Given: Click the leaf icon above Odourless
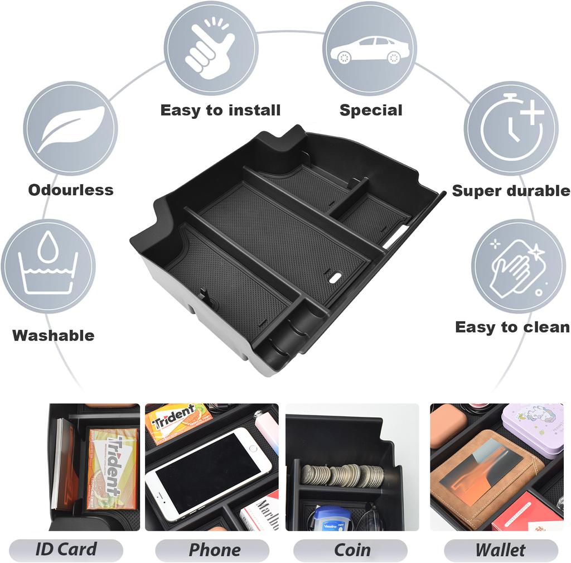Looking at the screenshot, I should click(x=70, y=128).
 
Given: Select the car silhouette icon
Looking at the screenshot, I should click(x=369, y=49).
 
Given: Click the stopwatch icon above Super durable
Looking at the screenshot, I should click(x=511, y=128).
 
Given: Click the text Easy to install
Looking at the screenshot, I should click(x=220, y=110).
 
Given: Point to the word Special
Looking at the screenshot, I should click(x=371, y=110).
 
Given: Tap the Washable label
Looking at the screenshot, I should click(x=54, y=335).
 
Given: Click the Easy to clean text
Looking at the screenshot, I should click(x=512, y=327).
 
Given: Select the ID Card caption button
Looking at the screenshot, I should click(x=66, y=550).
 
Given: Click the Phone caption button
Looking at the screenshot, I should click(x=214, y=550).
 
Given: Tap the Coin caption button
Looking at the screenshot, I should click(x=352, y=550).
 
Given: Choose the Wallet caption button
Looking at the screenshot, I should click(x=500, y=550).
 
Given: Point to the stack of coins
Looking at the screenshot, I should click(x=342, y=475).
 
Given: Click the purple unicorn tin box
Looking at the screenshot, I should click(x=533, y=427).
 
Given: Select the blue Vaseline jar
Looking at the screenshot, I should click(x=331, y=518).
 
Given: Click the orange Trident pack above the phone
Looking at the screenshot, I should click(x=178, y=422).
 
